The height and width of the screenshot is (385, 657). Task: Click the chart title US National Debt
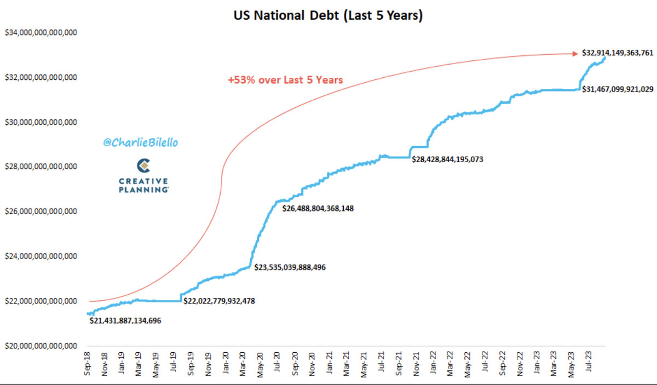328,16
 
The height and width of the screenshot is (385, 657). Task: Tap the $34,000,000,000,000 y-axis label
41,33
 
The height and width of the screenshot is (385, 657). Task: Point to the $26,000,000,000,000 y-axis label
41,211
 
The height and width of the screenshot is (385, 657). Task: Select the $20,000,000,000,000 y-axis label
41,346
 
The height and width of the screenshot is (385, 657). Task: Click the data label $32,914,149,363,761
617,53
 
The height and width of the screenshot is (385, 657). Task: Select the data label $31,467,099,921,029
617,89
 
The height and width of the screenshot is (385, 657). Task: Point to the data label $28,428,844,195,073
447,159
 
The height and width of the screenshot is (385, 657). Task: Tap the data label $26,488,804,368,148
319,208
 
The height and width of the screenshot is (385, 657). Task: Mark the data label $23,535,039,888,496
290,267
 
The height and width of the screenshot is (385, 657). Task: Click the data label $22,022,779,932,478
219,301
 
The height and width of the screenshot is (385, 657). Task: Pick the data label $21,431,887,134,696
125,320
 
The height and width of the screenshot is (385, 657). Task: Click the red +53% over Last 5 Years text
285,80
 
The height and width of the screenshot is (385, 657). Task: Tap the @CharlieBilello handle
141,142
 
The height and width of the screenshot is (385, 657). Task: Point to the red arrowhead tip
577,53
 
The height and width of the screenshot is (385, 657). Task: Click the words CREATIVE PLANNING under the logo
143,185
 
